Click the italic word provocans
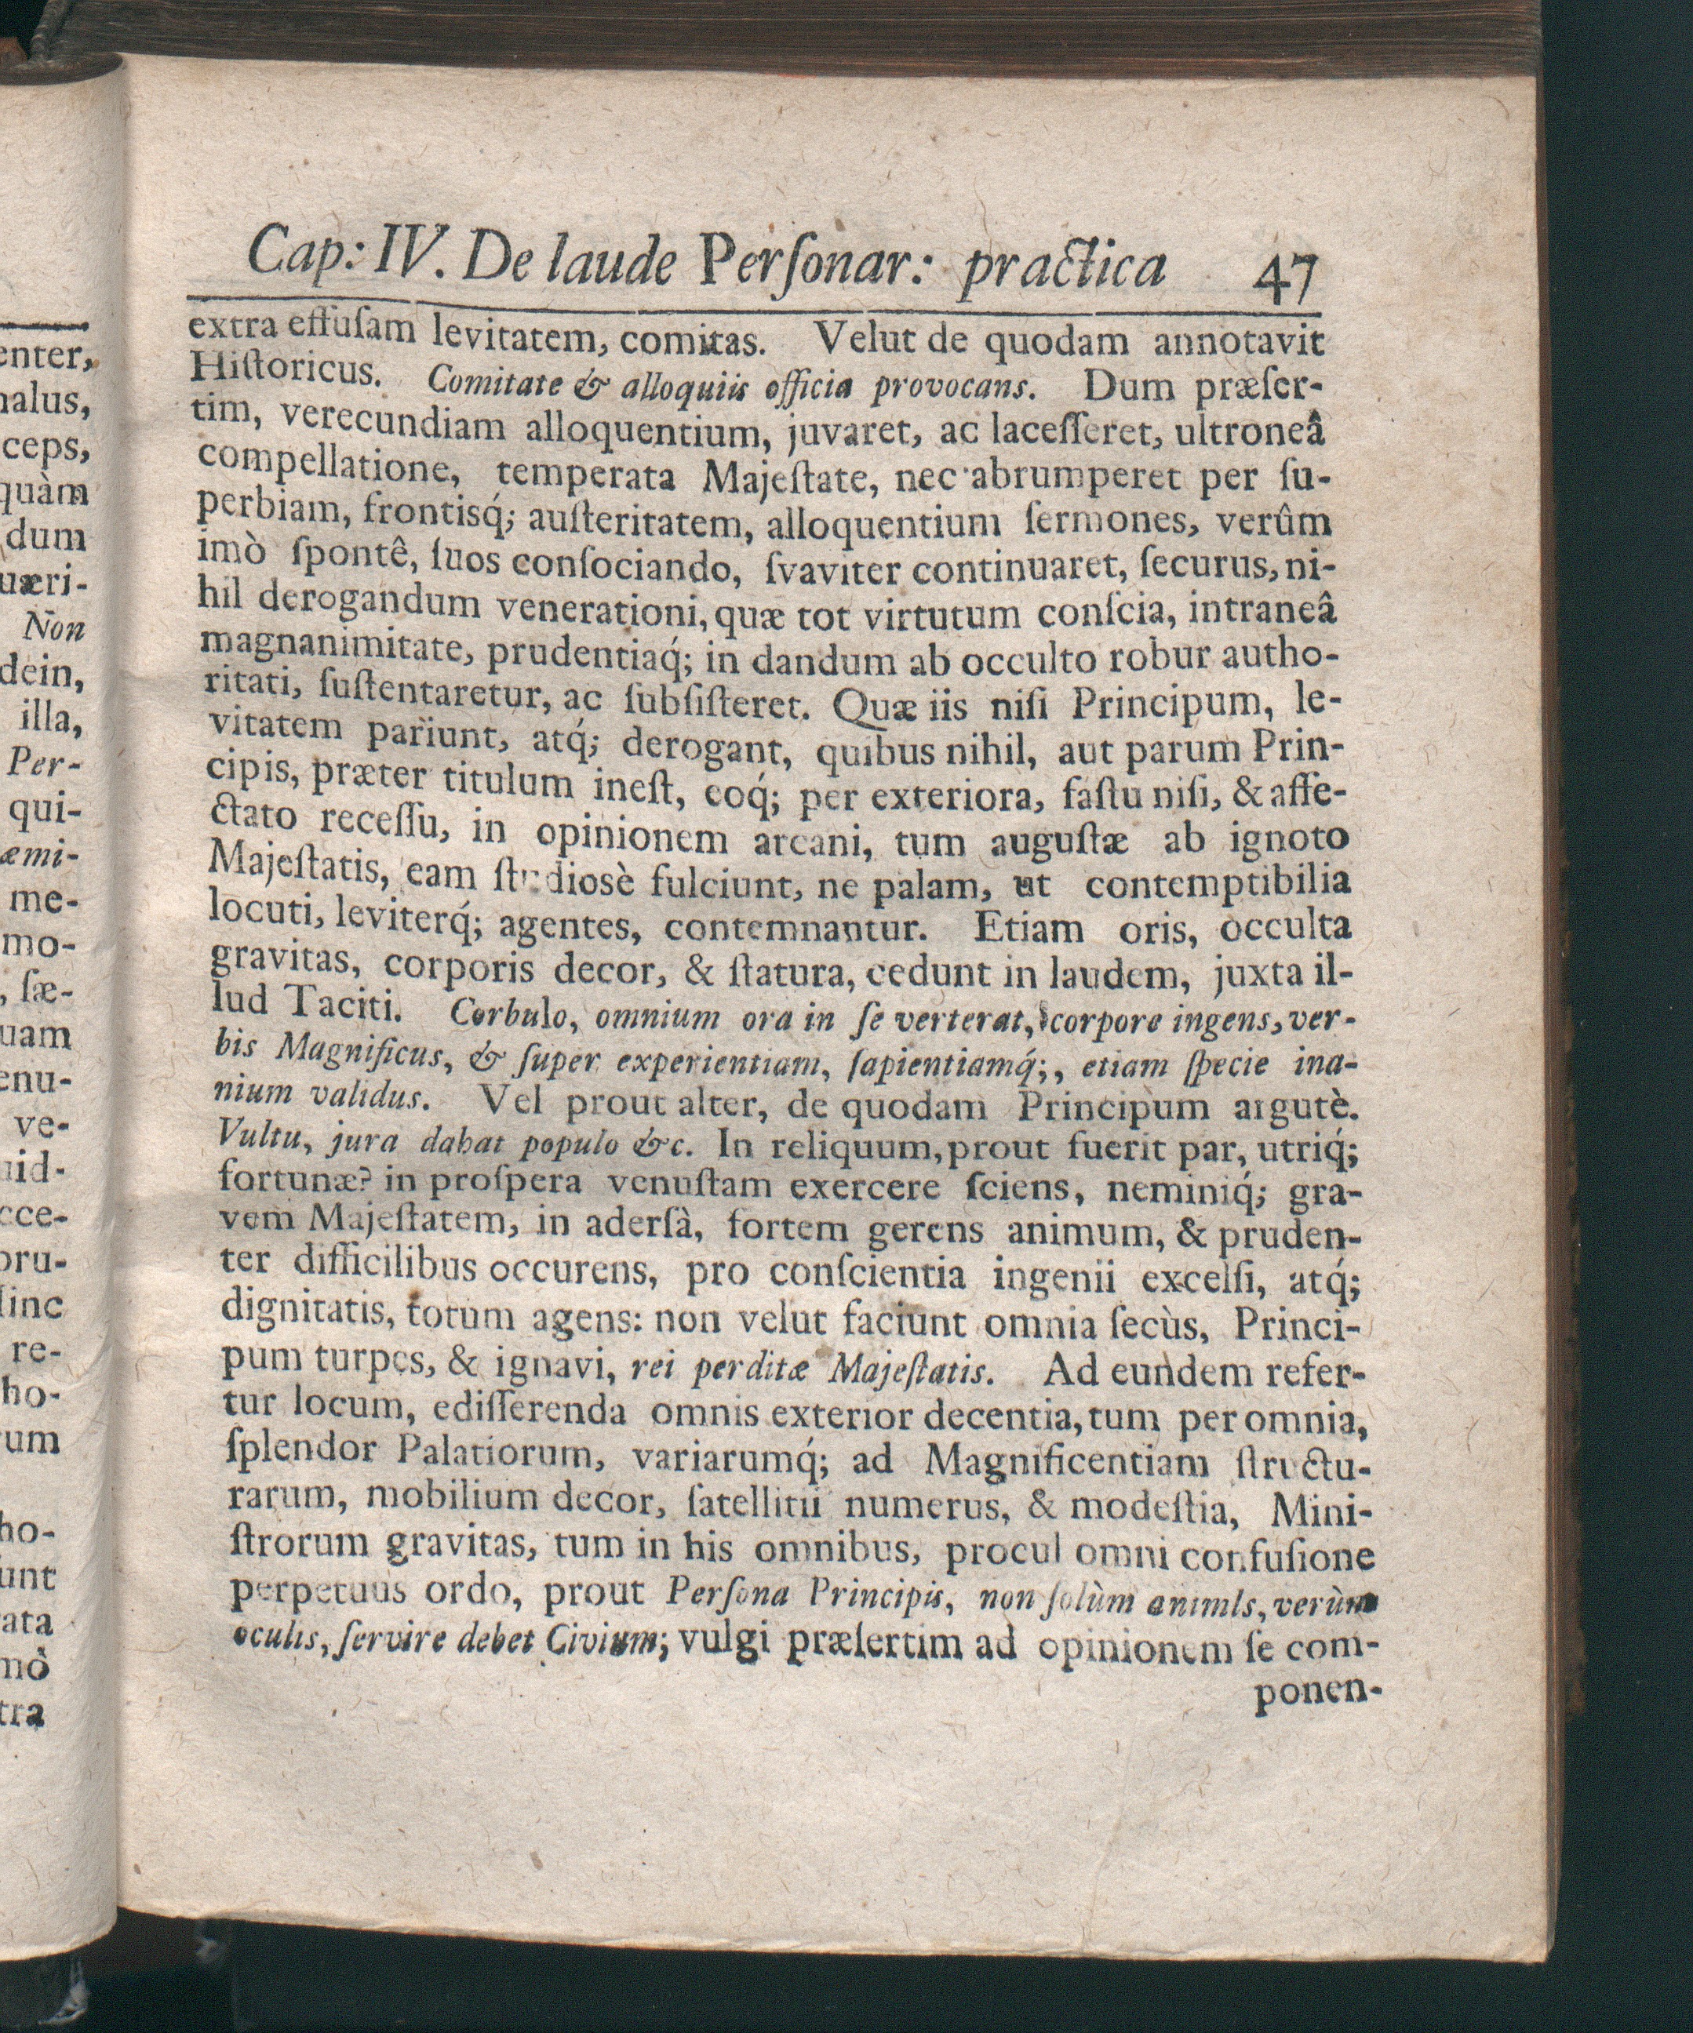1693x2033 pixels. [954, 389]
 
